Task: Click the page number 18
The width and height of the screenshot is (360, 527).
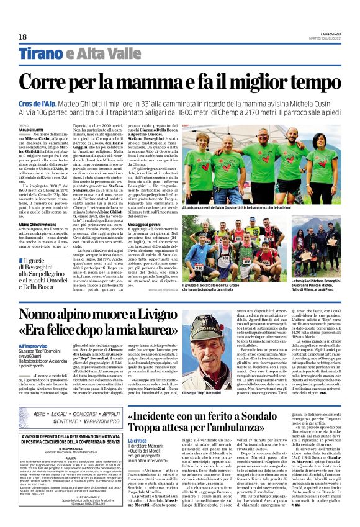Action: tap(22, 37)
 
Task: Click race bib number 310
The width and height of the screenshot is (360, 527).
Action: tap(217, 251)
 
